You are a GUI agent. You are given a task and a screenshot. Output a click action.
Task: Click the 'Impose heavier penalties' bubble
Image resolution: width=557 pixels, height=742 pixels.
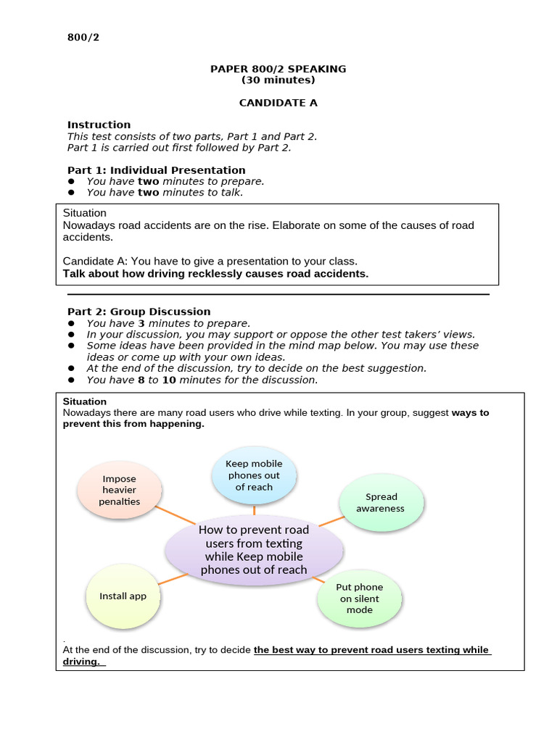(120, 490)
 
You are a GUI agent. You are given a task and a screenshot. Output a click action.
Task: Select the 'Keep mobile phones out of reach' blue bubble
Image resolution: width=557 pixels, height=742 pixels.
(254, 475)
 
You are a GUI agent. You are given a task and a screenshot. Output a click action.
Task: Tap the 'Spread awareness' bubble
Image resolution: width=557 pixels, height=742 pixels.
(380, 502)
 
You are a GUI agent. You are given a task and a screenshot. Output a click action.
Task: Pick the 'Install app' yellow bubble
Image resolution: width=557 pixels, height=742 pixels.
(123, 596)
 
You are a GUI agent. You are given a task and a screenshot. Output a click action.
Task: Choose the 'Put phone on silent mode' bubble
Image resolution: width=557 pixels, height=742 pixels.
(359, 599)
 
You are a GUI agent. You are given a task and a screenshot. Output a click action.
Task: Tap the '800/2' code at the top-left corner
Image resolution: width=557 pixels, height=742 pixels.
(83, 38)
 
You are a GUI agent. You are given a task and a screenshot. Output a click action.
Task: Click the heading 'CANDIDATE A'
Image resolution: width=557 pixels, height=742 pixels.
(278, 103)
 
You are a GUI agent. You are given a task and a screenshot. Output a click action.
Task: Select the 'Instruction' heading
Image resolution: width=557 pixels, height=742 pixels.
(99, 125)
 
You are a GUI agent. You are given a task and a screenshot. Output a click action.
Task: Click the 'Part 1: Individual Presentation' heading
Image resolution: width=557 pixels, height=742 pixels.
(156, 170)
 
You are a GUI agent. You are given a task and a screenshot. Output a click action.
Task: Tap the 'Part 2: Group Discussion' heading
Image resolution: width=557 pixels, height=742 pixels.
(139, 312)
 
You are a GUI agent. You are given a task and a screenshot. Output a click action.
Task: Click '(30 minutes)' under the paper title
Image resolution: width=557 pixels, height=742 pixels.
(278, 80)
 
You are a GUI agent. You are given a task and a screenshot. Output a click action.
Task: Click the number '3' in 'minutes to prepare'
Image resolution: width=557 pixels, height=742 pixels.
(141, 323)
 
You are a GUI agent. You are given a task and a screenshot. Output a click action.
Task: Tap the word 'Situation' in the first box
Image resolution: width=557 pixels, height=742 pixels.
(85, 214)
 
